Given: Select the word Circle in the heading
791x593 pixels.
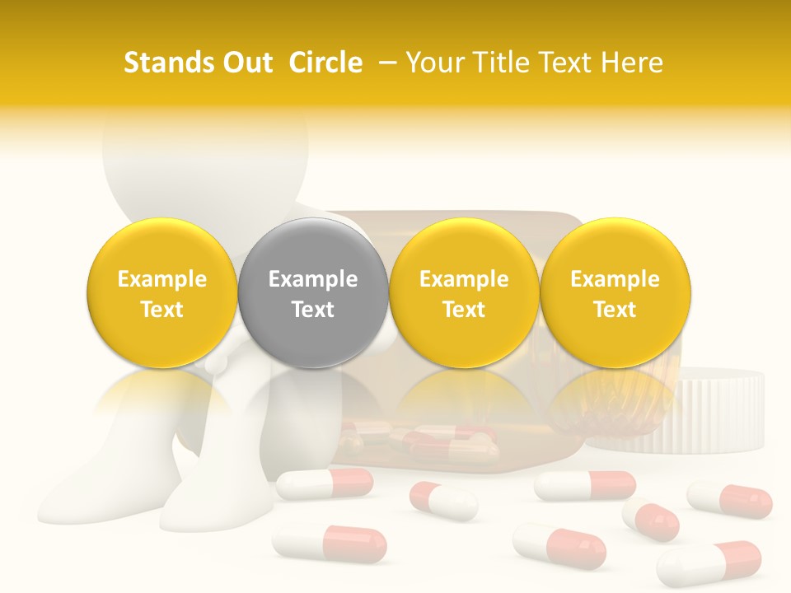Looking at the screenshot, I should tap(325, 63).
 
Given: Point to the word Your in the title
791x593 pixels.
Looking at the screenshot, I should tap(434, 63).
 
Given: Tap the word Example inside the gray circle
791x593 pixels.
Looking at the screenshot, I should tap(312, 279).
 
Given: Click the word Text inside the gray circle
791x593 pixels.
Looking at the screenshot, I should tap(312, 310).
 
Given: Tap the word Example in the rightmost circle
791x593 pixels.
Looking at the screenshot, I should tap(615, 279).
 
